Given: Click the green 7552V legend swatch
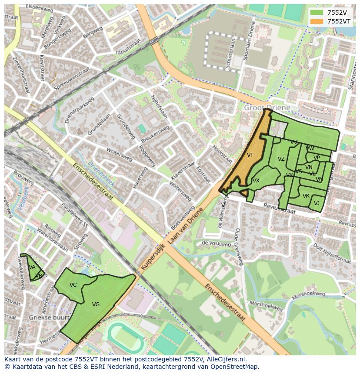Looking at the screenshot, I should click(x=317, y=13).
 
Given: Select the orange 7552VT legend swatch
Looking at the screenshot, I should click(x=317, y=21).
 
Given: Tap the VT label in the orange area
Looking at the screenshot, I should click(x=250, y=155).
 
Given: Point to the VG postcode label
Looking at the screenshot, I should click(x=96, y=304).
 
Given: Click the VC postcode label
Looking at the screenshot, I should click(x=73, y=285).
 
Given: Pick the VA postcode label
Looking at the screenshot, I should click(x=32, y=267).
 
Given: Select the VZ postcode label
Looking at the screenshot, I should click(x=281, y=159).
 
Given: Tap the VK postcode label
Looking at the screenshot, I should click(x=306, y=196).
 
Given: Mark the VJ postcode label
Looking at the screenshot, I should click(x=317, y=203).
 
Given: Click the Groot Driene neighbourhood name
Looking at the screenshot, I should click(x=267, y=107).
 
